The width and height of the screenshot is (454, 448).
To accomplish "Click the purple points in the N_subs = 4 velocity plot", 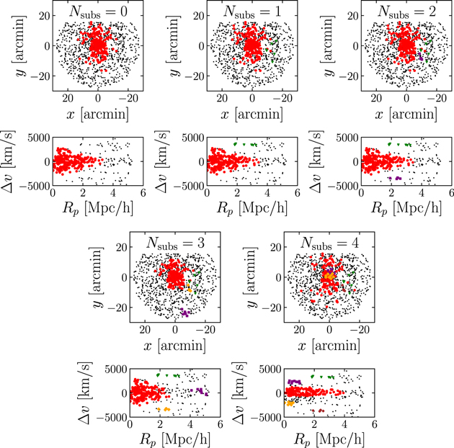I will click(293, 382).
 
